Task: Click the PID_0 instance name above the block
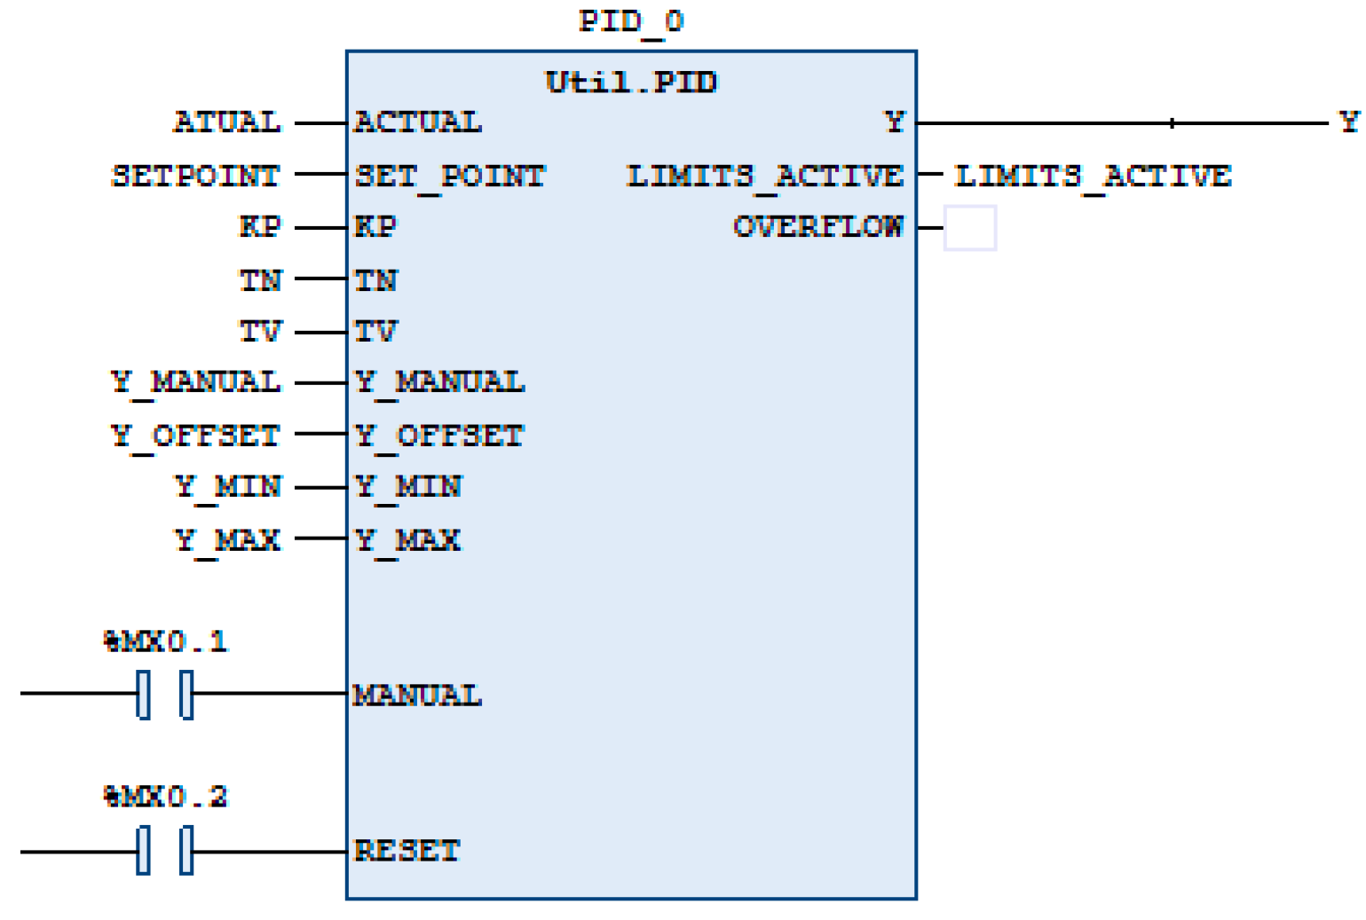[631, 20]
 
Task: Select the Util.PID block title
[631, 82]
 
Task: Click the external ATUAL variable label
[227, 122]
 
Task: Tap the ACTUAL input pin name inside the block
[418, 122]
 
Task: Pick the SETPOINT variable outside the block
[196, 175]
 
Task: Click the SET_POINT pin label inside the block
[450, 176]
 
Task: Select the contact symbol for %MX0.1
[165, 694]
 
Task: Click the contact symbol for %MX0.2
[165, 850]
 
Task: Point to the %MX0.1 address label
[166, 641]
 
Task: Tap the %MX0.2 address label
[166, 796]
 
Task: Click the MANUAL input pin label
[417, 695]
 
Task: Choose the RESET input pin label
[407, 850]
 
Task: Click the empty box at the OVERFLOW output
[969, 228]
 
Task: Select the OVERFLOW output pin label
[817, 227]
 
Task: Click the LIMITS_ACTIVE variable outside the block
[1093, 176]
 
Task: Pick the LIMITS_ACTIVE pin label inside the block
[765, 176]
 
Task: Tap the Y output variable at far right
[1348, 122]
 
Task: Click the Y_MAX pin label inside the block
[408, 539]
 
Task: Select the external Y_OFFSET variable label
[196, 436]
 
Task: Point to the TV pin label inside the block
[376, 332]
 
